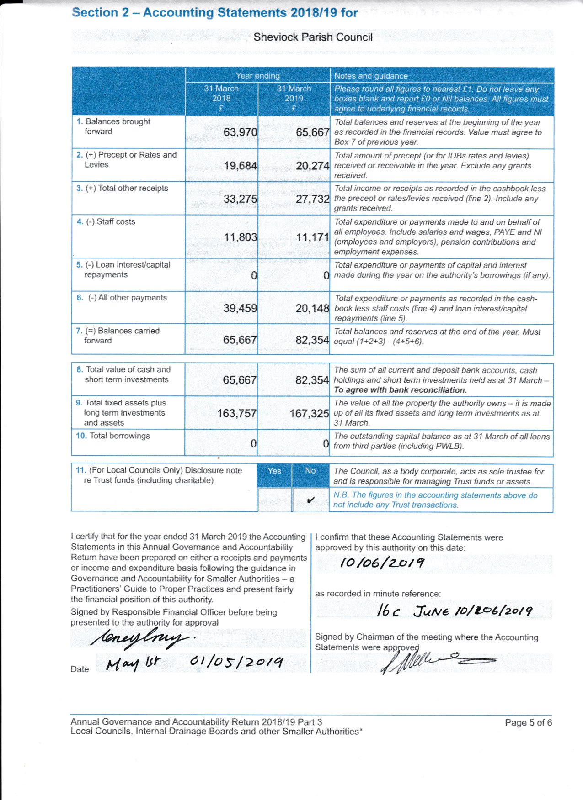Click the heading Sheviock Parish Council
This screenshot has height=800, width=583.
(x=313, y=37)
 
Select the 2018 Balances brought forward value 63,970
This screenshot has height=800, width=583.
(x=240, y=132)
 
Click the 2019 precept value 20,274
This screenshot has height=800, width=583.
(x=312, y=166)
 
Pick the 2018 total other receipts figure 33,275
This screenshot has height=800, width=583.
(x=240, y=199)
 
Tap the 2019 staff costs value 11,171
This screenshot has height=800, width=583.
(x=312, y=237)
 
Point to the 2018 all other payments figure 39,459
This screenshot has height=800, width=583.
(x=240, y=308)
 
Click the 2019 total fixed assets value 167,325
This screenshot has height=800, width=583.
(x=309, y=414)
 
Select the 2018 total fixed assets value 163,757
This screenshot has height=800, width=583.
(x=236, y=414)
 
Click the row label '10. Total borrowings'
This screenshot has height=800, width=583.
(x=113, y=436)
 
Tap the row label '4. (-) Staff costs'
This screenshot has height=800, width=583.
(x=106, y=221)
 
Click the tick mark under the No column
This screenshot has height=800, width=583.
(x=310, y=500)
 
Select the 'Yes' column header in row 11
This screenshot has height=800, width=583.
(x=274, y=471)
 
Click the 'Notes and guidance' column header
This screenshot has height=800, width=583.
(x=371, y=76)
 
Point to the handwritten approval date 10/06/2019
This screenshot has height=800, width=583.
(x=382, y=563)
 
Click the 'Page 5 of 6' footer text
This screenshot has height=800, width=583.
(x=528, y=722)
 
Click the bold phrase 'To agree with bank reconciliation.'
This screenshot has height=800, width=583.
(x=400, y=390)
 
